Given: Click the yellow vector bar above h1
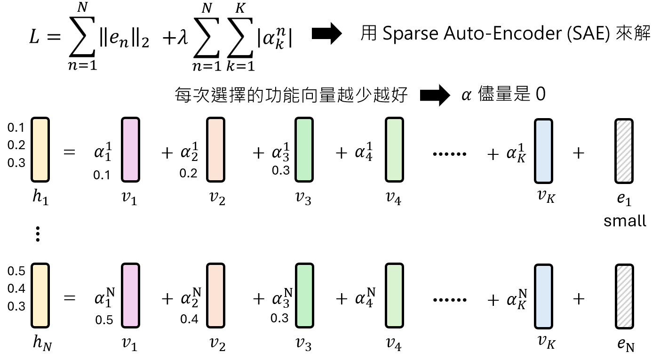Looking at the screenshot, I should click(x=40, y=150).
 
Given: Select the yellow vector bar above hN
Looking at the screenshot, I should click(x=40, y=295).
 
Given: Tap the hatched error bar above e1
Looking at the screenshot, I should click(x=624, y=150).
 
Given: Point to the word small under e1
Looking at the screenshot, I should click(x=625, y=220).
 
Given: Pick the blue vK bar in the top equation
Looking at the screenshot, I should click(x=543, y=150).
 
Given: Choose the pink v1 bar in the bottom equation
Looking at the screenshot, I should click(x=130, y=295).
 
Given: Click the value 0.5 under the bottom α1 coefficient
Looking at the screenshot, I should click(x=104, y=320).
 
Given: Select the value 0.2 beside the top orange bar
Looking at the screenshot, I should click(x=188, y=173).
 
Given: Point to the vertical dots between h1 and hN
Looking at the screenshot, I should click(x=38, y=234).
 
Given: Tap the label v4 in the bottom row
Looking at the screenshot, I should click(x=393, y=345).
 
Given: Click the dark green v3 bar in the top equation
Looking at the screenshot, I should click(x=304, y=150).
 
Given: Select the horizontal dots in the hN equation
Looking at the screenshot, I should click(x=449, y=299).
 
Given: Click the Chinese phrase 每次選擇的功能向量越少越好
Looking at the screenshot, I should click(x=290, y=96).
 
